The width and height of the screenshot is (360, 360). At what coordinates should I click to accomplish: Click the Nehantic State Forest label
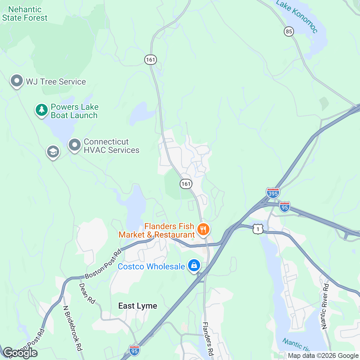(x=25, y=14)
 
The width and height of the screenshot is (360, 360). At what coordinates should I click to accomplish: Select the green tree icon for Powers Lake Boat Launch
(x=42, y=110)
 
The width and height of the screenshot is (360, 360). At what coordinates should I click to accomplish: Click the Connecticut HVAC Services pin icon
(x=74, y=145)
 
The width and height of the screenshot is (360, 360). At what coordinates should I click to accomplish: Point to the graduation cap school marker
(x=53, y=152)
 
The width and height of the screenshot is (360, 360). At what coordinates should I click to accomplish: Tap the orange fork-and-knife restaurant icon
(x=203, y=230)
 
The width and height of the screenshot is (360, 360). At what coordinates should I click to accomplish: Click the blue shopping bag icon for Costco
(x=194, y=265)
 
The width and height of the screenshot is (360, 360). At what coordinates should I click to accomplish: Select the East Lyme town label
(x=138, y=306)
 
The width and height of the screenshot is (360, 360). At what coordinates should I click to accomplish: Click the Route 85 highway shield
(x=289, y=31)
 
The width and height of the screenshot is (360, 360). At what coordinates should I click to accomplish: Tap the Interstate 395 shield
(x=273, y=193)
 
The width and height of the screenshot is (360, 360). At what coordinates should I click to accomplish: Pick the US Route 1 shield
(x=258, y=229)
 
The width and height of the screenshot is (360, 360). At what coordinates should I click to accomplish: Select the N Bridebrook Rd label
(x=72, y=328)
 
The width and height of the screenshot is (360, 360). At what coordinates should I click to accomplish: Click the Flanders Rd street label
(x=208, y=339)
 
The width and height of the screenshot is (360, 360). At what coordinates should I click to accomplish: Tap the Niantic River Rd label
(x=325, y=306)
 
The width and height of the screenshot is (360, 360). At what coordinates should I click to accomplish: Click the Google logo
(x=20, y=353)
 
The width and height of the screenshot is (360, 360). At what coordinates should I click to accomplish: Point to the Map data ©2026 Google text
(x=323, y=356)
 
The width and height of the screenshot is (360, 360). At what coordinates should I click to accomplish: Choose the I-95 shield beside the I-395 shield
(x=284, y=207)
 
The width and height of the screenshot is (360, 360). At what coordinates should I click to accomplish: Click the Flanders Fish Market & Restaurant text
(x=157, y=230)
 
